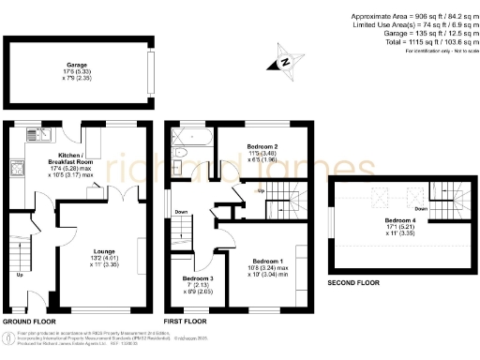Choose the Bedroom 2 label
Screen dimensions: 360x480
point(262,148)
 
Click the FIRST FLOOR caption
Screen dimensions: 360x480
point(185,321)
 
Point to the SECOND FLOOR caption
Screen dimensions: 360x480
point(353,282)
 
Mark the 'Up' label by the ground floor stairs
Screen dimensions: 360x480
point(20,275)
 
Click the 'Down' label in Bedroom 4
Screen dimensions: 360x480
point(421,208)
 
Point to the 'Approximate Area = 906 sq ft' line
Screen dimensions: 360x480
point(413,16)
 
